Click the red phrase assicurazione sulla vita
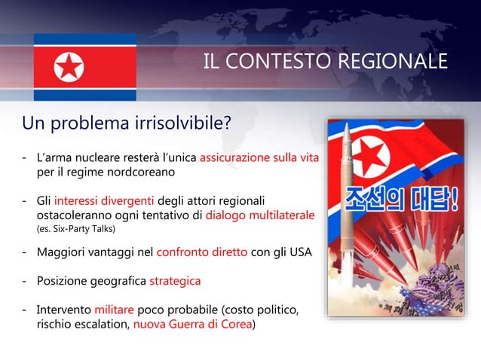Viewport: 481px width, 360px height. (259, 158)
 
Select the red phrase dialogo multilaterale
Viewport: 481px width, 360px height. (260, 215)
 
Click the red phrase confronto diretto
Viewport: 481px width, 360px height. (201, 252)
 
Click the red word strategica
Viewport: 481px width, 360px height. (175, 281)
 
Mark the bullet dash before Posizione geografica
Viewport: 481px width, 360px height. (26, 281)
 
